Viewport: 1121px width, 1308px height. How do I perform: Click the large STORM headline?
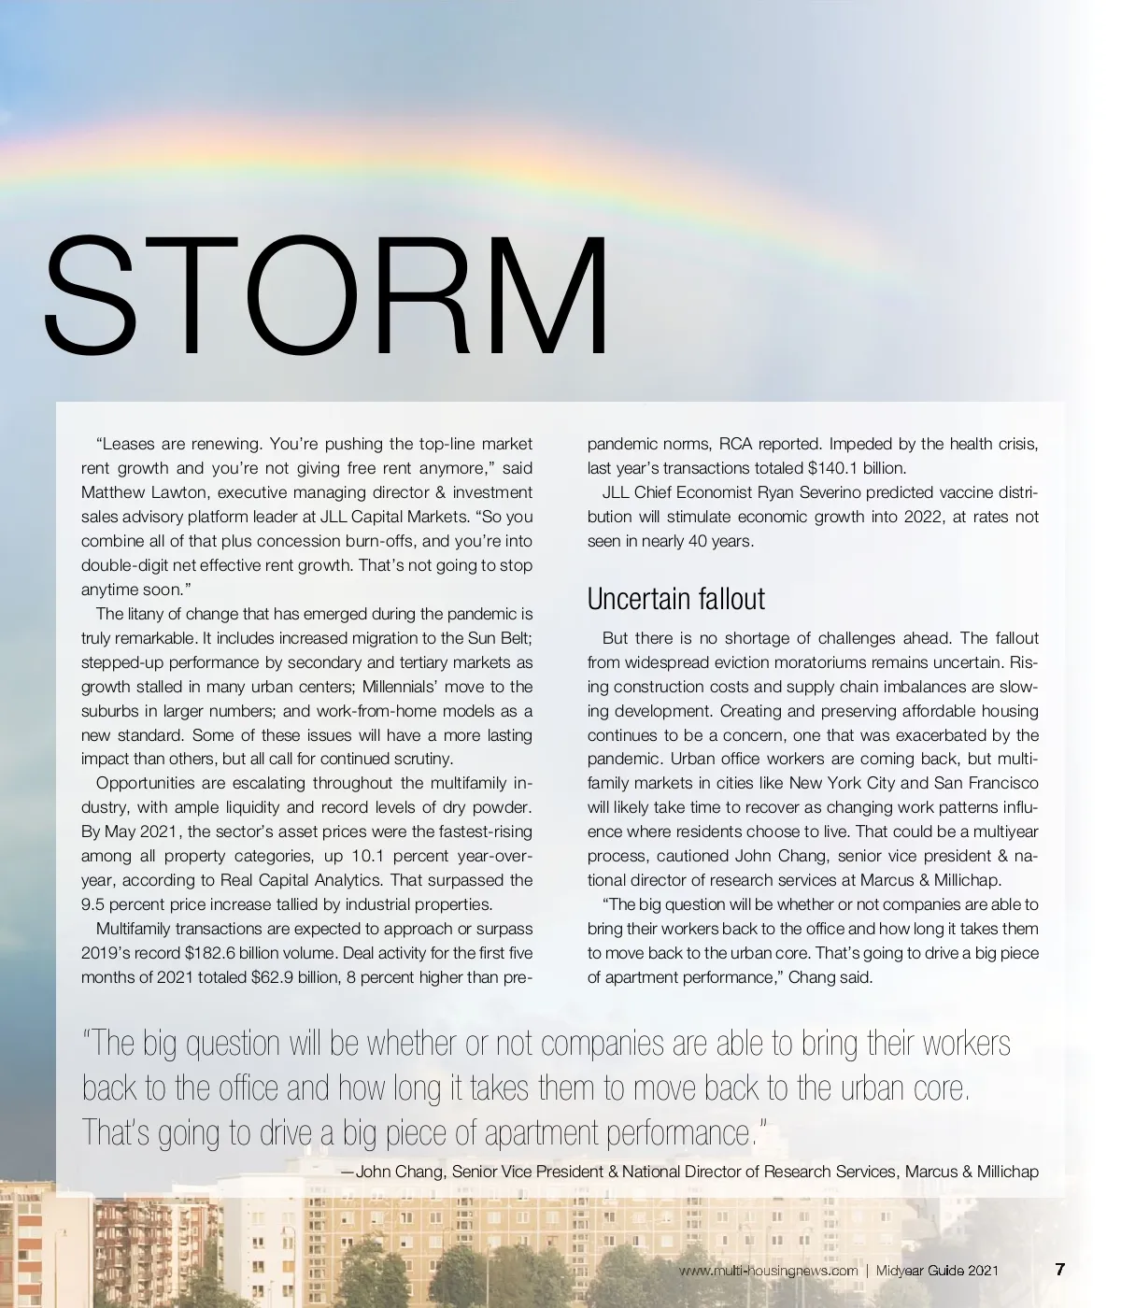point(327,297)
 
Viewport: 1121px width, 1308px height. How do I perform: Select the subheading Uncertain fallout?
point(675,599)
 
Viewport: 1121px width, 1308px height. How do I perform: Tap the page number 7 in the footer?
point(1059,1270)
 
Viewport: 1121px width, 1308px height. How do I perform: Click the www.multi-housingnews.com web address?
point(768,1271)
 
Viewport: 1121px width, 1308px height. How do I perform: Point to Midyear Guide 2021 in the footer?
point(937,1271)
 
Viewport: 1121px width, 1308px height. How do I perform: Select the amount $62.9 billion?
point(295,977)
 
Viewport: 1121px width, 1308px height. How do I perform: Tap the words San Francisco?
point(986,783)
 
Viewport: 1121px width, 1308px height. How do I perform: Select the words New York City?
point(842,783)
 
